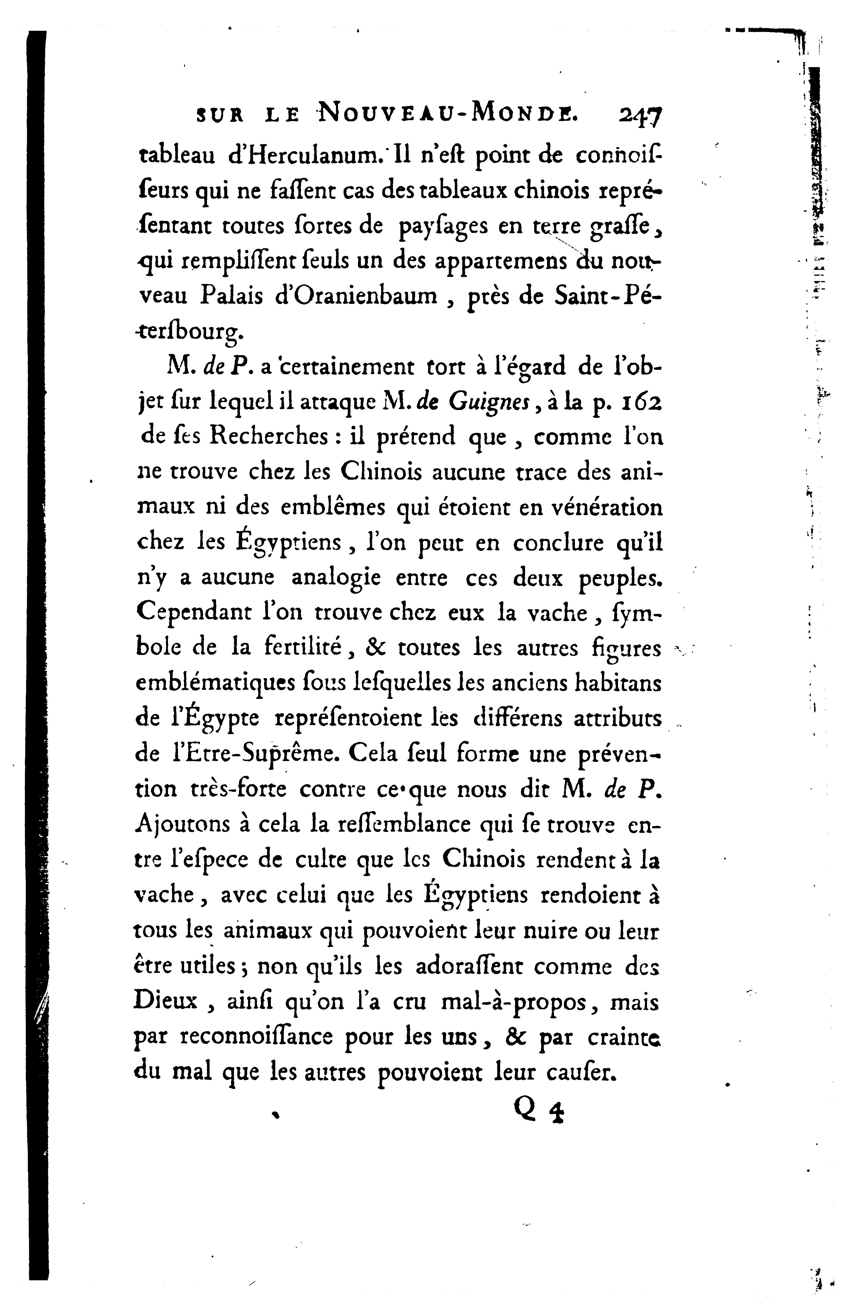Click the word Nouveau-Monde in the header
[x=446, y=114]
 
